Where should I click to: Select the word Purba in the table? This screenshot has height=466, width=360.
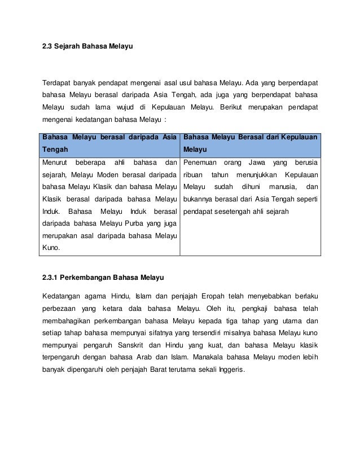point(131,224)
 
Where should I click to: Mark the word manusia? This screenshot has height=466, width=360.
point(282,187)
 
